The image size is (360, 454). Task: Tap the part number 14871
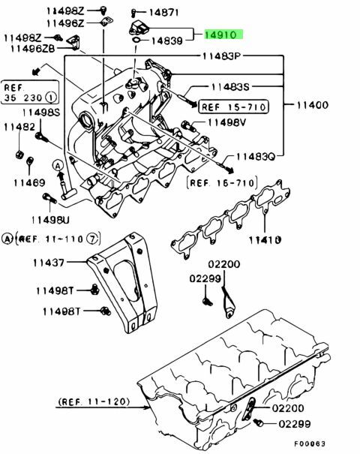tap(163, 12)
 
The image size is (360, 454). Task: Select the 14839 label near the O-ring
tap(167, 41)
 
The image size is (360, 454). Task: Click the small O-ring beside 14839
tap(136, 39)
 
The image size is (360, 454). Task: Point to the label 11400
tap(313, 105)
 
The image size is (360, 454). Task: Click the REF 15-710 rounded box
tap(233, 107)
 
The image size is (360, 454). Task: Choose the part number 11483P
tap(222, 56)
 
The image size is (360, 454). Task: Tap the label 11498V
tap(227, 123)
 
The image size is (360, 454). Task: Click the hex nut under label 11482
tap(19, 155)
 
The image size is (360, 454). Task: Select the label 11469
tap(29, 182)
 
